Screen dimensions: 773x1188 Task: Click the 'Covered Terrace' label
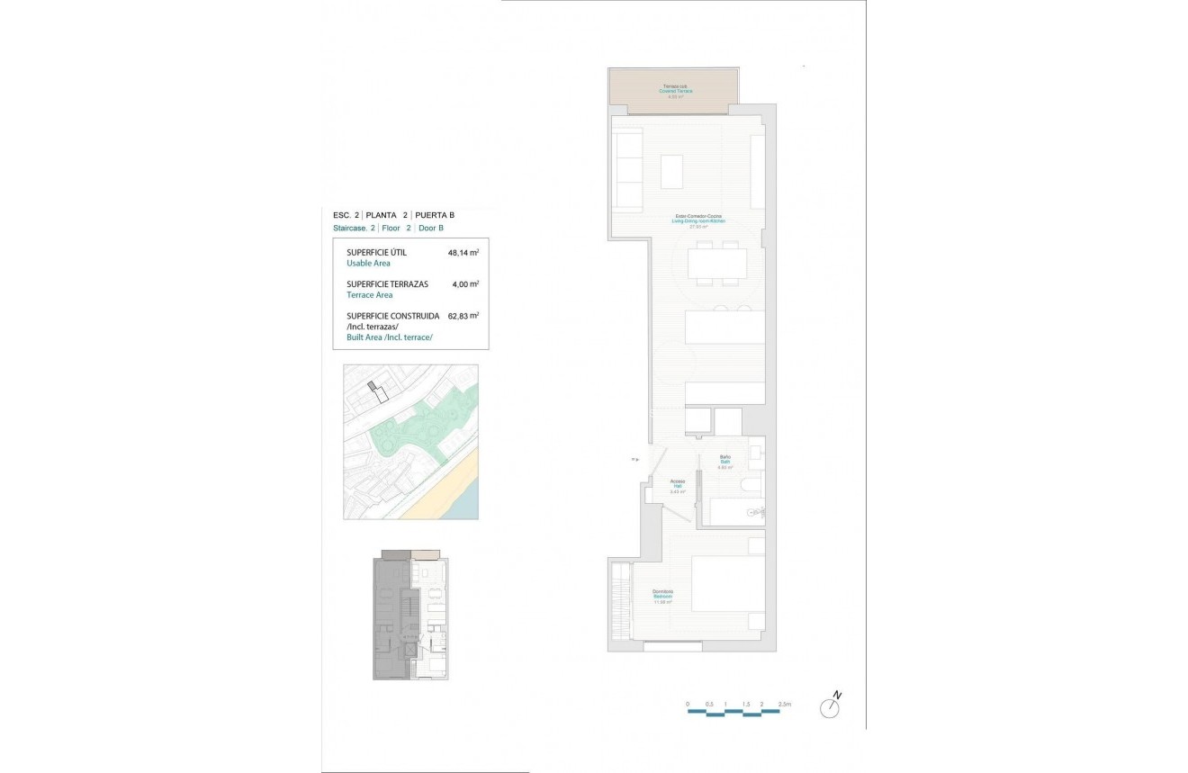point(676,91)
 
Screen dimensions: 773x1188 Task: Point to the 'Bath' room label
point(724,462)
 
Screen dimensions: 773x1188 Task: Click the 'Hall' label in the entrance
point(678,486)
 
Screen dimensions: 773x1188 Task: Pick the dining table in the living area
point(717,264)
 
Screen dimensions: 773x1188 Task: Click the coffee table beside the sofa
point(671,172)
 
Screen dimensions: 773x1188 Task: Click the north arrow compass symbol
point(830,707)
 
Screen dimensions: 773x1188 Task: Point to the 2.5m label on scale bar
point(783,704)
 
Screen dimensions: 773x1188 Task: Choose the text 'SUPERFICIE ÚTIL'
point(376,253)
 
